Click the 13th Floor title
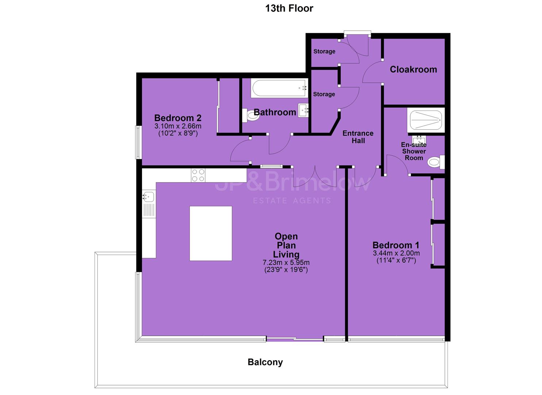[289, 8]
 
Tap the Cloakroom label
[413, 69]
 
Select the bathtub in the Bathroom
[279, 88]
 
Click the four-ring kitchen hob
[198, 175]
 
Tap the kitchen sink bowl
[148, 197]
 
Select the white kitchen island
[211, 233]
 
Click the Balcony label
[265, 362]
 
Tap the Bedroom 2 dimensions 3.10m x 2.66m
[178, 126]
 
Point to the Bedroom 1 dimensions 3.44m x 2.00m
[396, 253]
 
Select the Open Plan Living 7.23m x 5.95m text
[286, 263]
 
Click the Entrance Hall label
[358, 137]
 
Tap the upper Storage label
[324, 52]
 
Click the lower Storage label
[324, 94]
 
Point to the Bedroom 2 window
[138, 142]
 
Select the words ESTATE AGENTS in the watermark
[292, 200]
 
